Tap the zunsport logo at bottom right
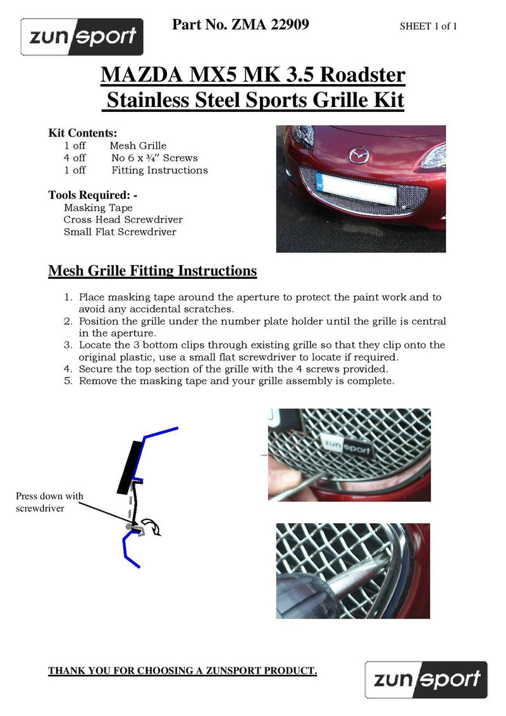click(426, 679)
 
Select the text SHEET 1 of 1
click(428, 27)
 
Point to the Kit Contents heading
click(83, 133)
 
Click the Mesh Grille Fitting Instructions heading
click(152, 271)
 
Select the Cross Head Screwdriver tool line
click(123, 219)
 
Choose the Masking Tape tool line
click(98, 207)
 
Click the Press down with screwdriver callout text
click(49, 502)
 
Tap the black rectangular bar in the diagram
click(131, 467)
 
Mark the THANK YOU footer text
click(182, 670)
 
